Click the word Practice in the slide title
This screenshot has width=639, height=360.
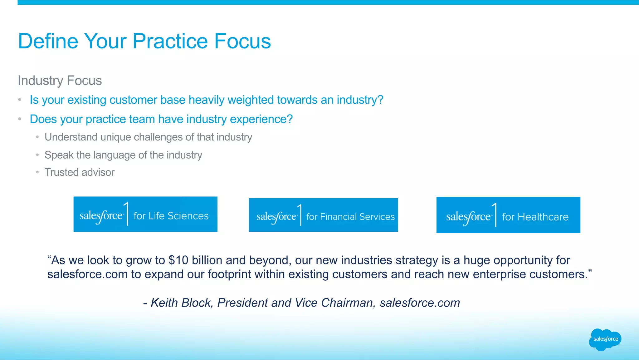pyautogui.click(x=170, y=41)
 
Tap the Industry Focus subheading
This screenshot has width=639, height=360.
pyautogui.click(x=60, y=81)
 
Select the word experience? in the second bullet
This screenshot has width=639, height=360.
pyautogui.click(x=261, y=119)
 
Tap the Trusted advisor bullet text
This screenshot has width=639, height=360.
pyautogui.click(x=80, y=172)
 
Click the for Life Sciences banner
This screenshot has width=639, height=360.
pyautogui.click(x=145, y=214)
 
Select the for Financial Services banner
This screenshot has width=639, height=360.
pyautogui.click(x=323, y=215)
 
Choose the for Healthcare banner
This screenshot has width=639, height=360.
pyautogui.click(x=508, y=215)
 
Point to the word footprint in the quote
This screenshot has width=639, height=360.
pyautogui.click(x=229, y=274)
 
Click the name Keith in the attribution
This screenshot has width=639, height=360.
pyautogui.click(x=164, y=303)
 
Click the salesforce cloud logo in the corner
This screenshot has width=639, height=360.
pyautogui.click(x=605, y=339)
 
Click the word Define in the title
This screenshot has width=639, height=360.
pyautogui.click(x=48, y=41)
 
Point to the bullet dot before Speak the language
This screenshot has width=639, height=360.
pyautogui.click(x=37, y=155)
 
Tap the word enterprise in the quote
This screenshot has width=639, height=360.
pyautogui.click(x=499, y=274)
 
